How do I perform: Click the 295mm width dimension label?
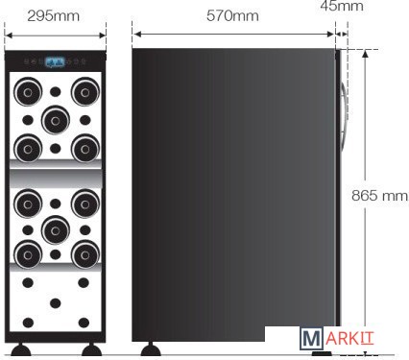tap(53, 16)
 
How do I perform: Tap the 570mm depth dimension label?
tap(232, 15)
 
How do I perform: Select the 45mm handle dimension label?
tap(342, 6)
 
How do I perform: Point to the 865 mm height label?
tap(380, 195)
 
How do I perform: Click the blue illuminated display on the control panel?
tap(55, 61)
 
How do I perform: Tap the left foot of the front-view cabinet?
tap(21, 349)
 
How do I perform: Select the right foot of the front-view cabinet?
tap(92, 349)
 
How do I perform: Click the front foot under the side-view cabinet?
tap(151, 348)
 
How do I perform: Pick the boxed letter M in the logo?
tap(311, 338)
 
